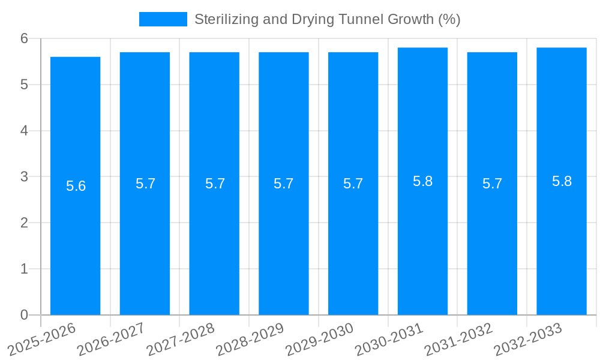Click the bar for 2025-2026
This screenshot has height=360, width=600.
coord(75,240)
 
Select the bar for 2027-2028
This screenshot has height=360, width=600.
coord(214,240)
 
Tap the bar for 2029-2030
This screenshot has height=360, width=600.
coord(353,240)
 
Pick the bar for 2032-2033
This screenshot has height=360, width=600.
coord(562,240)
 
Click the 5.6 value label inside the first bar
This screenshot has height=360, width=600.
coord(76,186)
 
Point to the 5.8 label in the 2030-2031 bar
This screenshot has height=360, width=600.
coord(422,181)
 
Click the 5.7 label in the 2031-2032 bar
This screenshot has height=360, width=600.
coord(492,184)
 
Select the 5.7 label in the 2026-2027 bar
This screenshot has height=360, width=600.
coord(145,184)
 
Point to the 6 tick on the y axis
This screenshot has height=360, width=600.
coord(25,38)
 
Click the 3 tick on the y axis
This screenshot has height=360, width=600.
coord(25,177)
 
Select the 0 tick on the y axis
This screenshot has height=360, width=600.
coord(25,315)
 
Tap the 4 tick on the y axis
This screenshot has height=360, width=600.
coord(25,131)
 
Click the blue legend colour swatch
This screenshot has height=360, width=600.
coord(163,19)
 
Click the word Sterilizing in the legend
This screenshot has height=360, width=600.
coord(224,19)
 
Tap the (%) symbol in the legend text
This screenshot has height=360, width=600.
coord(449,19)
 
